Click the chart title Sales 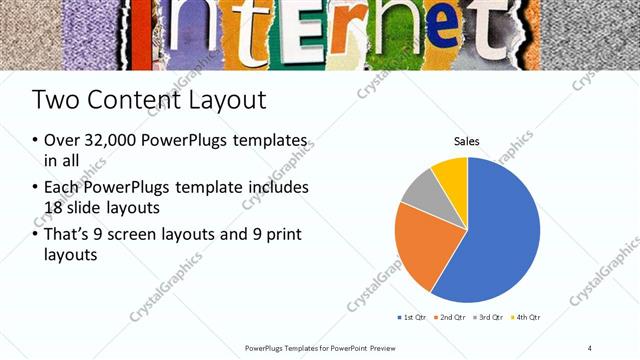[467, 141]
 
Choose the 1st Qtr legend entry [412, 317]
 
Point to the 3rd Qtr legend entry [491, 317]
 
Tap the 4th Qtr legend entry [527, 317]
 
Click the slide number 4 [590, 347]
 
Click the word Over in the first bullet [62, 141]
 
